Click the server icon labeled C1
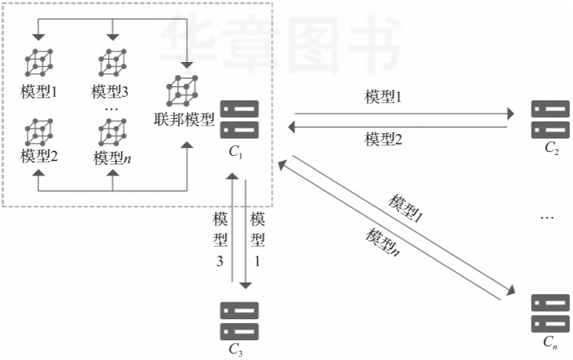pyautogui.click(x=239, y=119)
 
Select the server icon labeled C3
pyautogui.click(x=239, y=321)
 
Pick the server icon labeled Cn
pyautogui.click(x=550, y=312)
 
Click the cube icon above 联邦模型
pyautogui.click(x=182, y=91)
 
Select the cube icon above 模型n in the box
pyautogui.click(x=112, y=132)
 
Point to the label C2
pyautogui.click(x=551, y=147)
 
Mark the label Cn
pyautogui.click(x=551, y=343)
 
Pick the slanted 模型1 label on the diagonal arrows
pyautogui.click(x=406, y=207)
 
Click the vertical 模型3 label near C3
pyautogui.click(x=221, y=241)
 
